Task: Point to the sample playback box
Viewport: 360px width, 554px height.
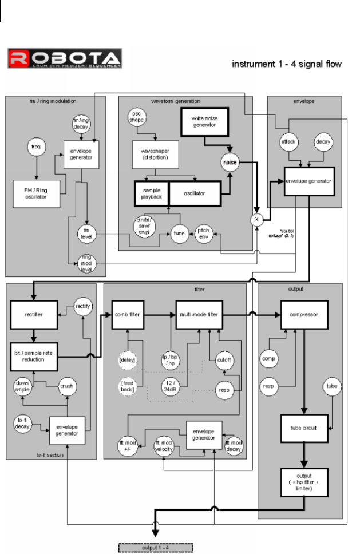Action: pyautogui.click(x=152, y=193)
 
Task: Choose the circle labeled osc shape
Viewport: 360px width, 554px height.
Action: pyautogui.click(x=137, y=116)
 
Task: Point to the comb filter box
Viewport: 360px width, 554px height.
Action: pyautogui.click(x=128, y=314)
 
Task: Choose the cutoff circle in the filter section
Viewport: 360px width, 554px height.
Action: pyautogui.click(x=223, y=361)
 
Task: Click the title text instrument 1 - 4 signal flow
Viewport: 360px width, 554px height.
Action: pyautogui.click(x=287, y=64)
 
